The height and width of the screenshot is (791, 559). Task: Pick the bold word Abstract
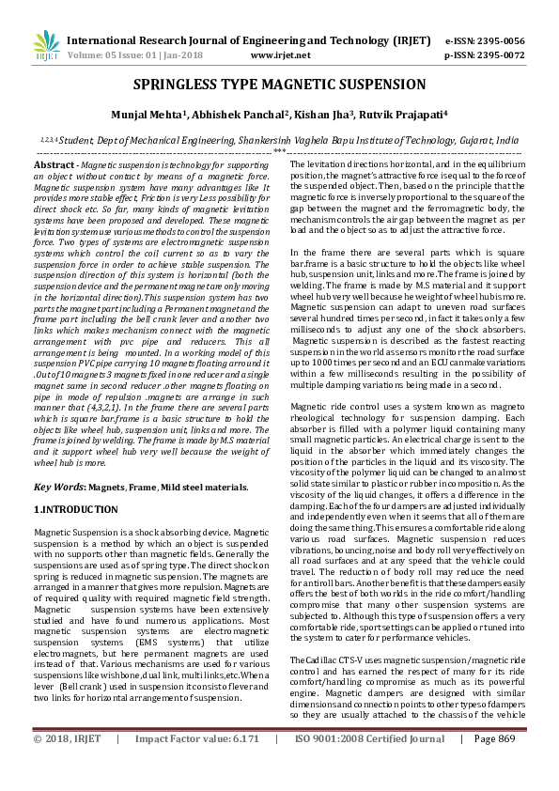click(54, 164)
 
